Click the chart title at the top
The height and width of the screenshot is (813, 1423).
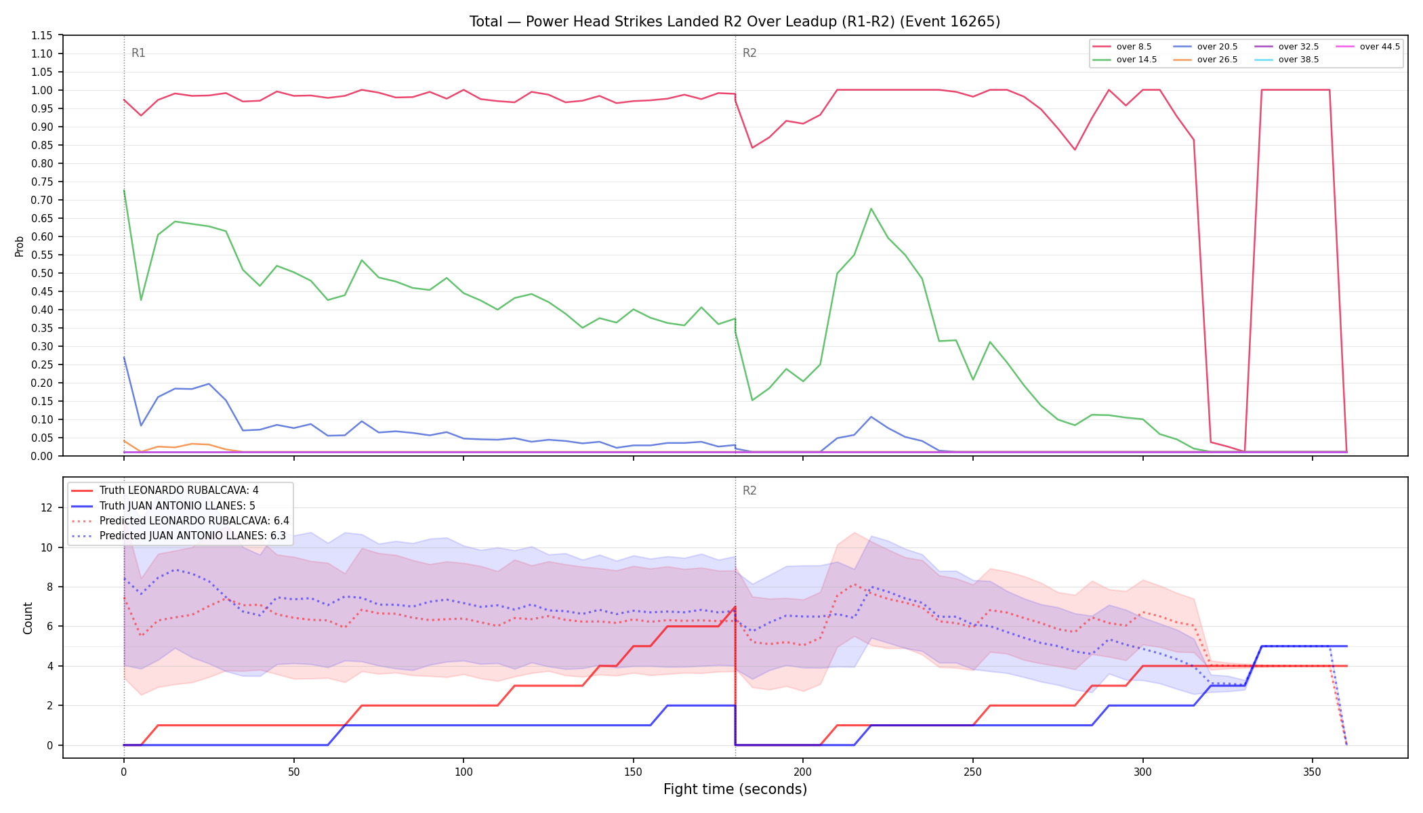[735, 22]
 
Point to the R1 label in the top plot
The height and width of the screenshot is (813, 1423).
[138, 53]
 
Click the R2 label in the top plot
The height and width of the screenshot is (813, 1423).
[749, 53]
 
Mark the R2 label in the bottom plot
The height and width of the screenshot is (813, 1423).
[749, 491]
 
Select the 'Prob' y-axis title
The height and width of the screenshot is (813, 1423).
[19, 246]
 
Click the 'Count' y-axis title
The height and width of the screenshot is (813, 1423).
[28, 618]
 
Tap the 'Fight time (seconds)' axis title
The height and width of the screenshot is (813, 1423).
[735, 789]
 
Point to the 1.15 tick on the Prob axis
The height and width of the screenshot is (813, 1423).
[42, 35]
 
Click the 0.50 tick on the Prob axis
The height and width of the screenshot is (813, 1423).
[42, 273]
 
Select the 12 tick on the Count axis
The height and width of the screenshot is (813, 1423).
[47, 507]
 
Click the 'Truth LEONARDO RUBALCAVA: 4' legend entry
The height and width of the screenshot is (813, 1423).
[179, 491]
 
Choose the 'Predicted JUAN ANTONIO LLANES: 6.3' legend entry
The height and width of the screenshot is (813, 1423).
[193, 536]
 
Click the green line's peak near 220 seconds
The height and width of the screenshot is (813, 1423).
[871, 209]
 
